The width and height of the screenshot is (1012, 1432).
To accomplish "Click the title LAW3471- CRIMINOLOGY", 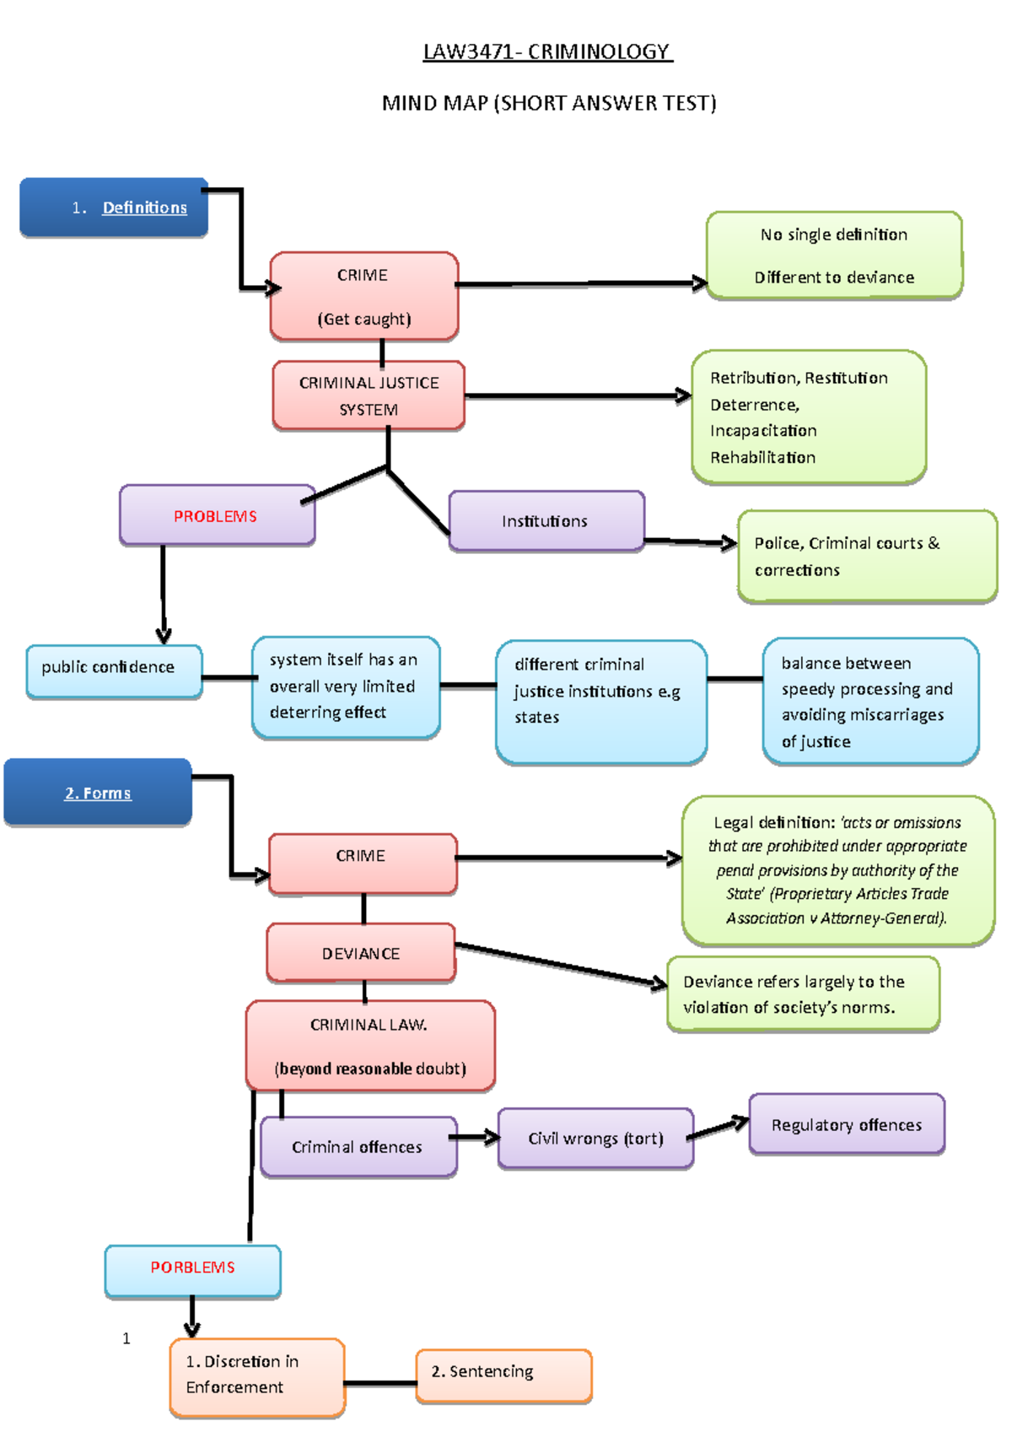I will pyautogui.click(x=547, y=52).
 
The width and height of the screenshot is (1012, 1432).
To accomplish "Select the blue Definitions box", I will pyautogui.click(x=115, y=207).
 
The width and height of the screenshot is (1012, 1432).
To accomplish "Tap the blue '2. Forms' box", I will pyautogui.click(x=98, y=793).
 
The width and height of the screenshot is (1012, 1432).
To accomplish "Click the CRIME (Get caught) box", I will pyautogui.click(x=363, y=297).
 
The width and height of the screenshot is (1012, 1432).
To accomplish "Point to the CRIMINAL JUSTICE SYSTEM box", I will pyautogui.click(x=369, y=396).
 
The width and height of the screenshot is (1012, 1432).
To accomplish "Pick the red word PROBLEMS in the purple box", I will pyautogui.click(x=215, y=516).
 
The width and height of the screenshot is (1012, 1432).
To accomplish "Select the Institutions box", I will pyautogui.click(x=546, y=521).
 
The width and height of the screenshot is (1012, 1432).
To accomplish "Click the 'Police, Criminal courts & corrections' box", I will pyautogui.click(x=866, y=557).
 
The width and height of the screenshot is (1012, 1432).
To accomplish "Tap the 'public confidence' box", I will pyautogui.click(x=114, y=671).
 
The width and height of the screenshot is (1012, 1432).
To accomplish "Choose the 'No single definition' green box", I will pyautogui.click(x=834, y=256).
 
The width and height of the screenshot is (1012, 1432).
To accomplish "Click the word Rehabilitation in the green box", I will pyautogui.click(x=762, y=458).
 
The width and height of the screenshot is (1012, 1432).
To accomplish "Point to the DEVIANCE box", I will pyautogui.click(x=361, y=953).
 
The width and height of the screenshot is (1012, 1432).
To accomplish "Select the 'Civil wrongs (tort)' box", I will pyautogui.click(x=595, y=1139).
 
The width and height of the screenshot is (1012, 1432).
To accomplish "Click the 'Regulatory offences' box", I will pyautogui.click(x=847, y=1125).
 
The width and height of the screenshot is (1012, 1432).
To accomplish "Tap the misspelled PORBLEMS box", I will pyautogui.click(x=192, y=1268).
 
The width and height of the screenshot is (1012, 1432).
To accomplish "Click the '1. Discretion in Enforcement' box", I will pyautogui.click(x=257, y=1375).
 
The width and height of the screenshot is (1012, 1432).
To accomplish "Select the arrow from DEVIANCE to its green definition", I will pyautogui.click(x=561, y=963).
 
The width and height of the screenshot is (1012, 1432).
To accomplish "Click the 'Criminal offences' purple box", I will pyautogui.click(x=358, y=1147).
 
